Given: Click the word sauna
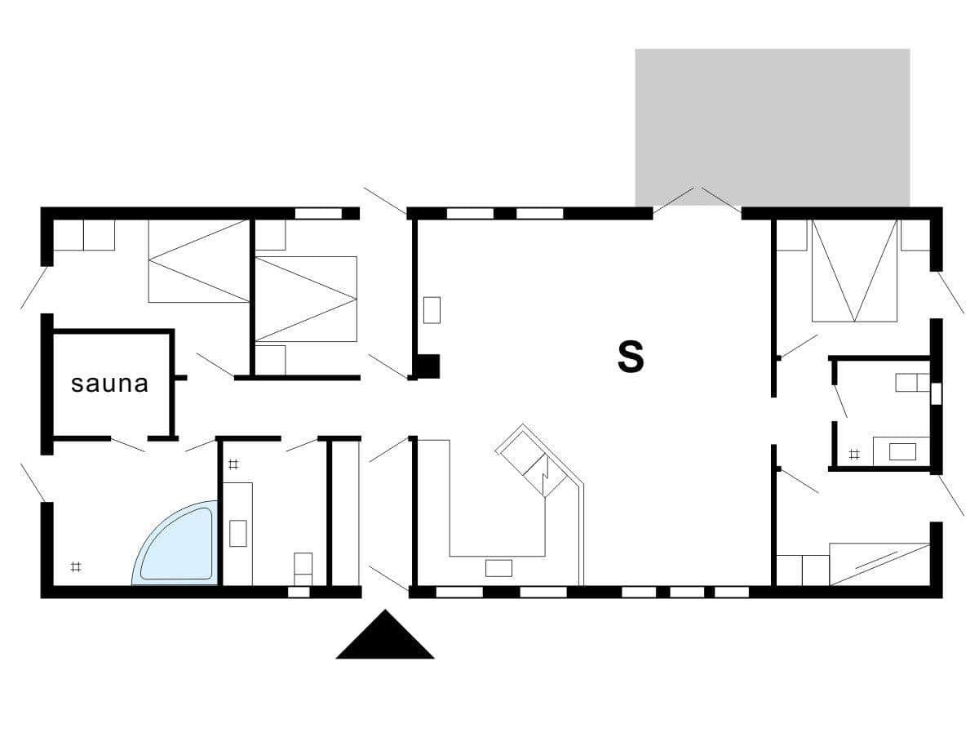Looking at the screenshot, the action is (109, 384).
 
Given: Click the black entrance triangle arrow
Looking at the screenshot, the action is (385, 635).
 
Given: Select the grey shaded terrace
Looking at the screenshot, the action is (773, 127).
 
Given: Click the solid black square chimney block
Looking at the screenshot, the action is (428, 366).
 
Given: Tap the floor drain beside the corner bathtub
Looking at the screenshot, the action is (76, 567).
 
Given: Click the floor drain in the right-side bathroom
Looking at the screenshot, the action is (853, 455).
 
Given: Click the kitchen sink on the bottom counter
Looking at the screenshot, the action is (498, 568).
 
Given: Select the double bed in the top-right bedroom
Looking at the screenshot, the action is (854, 270).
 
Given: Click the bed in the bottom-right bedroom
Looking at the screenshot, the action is (879, 564).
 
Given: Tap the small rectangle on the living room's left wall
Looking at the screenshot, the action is (432, 310).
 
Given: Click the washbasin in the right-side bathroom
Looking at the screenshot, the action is (903, 452).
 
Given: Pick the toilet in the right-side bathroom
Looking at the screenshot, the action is (913, 383).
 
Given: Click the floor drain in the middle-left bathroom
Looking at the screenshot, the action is (233, 464).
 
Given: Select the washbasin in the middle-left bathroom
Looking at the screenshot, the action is (238, 533).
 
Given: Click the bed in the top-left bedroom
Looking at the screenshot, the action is (199, 261).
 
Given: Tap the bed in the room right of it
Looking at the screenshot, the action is (306, 299).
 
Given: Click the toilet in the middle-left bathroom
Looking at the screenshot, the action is (303, 569).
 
